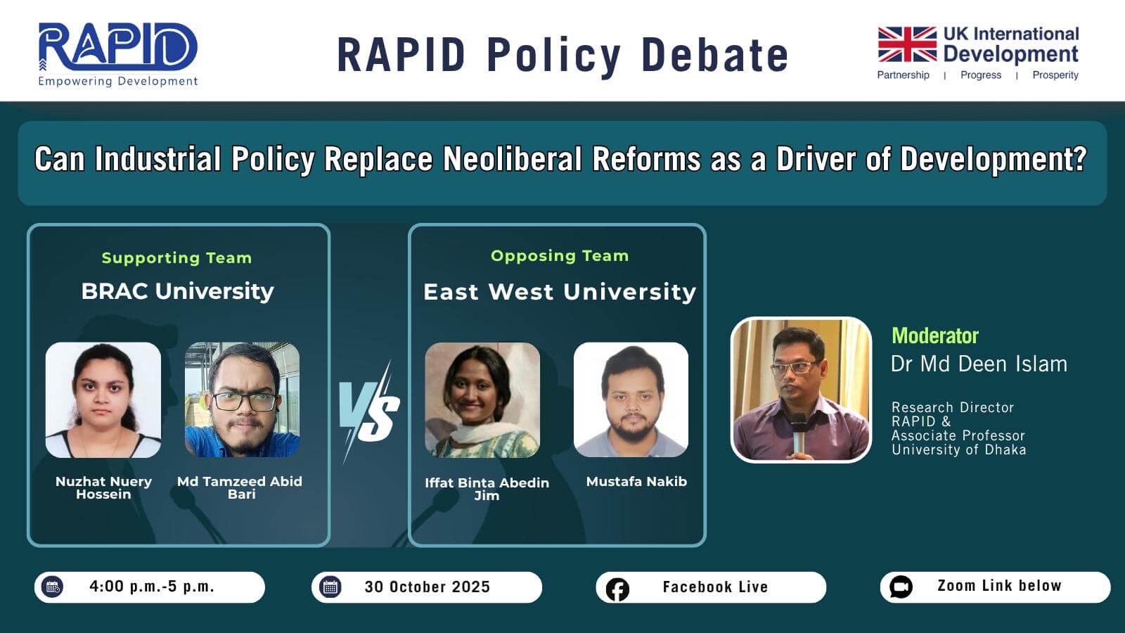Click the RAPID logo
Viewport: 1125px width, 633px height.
point(118,54)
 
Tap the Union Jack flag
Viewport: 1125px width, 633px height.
point(907,44)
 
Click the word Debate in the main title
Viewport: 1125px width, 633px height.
point(714,55)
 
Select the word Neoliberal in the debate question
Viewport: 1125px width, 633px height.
point(512,159)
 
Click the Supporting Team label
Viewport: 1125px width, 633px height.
point(176,257)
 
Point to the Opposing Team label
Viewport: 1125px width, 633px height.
point(560,256)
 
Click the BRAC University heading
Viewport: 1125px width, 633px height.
point(178,291)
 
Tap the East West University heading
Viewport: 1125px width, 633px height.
point(560,292)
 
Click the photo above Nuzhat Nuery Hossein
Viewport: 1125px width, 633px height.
point(103,400)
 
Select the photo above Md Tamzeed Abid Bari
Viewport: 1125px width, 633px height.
point(242,400)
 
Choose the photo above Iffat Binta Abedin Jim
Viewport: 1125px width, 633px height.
point(482,400)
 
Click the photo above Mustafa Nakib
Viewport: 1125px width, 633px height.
point(631,400)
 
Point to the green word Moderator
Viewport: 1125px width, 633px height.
point(935,335)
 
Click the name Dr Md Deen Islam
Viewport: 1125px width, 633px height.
point(979,364)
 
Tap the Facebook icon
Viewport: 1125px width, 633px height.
point(617,589)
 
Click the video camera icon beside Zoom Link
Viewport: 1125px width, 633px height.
point(901,587)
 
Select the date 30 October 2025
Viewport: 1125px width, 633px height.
point(427,587)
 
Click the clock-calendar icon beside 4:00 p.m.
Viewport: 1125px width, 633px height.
point(53,587)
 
